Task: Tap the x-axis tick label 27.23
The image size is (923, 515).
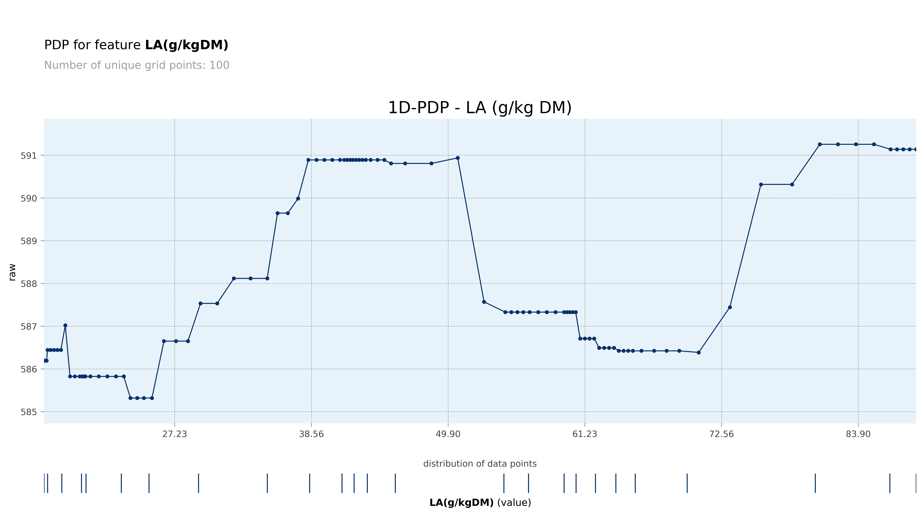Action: coord(175,434)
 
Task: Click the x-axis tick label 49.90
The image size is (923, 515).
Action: coord(448,434)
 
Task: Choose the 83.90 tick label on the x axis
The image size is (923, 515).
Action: coord(858,434)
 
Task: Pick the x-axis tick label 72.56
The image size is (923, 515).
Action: coord(721,434)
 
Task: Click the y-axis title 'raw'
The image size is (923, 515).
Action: coord(12,272)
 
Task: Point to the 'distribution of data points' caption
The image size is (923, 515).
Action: coord(480,464)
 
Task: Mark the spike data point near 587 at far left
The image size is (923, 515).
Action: coord(65,325)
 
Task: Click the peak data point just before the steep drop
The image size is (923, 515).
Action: coord(458,158)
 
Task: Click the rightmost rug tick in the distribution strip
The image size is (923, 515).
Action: coord(916,483)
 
